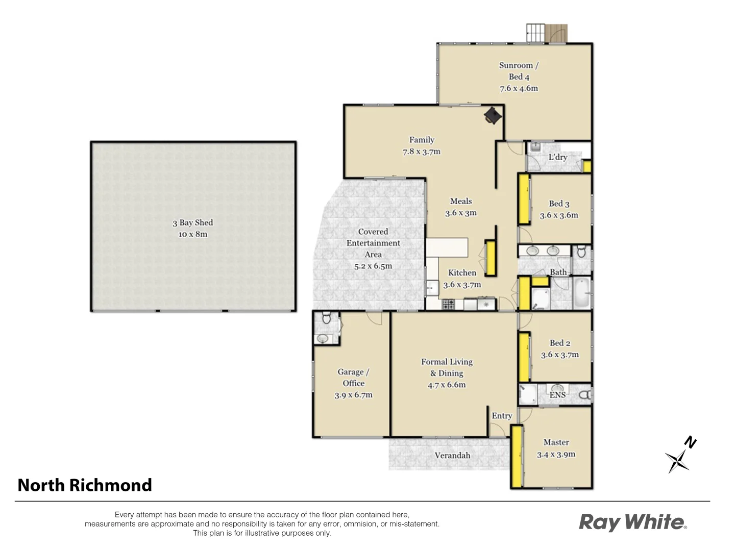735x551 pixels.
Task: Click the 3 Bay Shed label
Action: click(x=192, y=222)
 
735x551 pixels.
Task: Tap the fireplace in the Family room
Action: click(x=493, y=115)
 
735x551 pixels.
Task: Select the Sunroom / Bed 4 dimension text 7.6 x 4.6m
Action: click(x=519, y=88)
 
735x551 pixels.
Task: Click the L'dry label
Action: click(x=557, y=157)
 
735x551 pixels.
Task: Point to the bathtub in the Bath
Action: click(x=581, y=294)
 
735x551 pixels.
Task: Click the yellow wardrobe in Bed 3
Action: click(x=524, y=199)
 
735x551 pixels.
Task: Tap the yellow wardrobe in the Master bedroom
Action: click(x=517, y=456)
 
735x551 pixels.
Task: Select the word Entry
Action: click(x=502, y=416)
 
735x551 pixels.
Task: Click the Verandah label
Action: click(x=452, y=455)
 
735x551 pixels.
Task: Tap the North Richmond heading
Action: click(x=85, y=485)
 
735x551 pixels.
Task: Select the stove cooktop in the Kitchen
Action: click(x=448, y=305)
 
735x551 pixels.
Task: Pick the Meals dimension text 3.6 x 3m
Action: click(x=461, y=213)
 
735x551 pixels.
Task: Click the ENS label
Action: click(x=557, y=395)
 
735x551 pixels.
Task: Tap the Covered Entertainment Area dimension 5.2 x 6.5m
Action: click(x=373, y=266)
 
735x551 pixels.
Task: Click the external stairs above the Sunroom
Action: click(x=535, y=33)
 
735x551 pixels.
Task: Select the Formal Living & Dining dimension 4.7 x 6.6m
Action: click(x=447, y=385)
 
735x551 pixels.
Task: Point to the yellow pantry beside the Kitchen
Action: click(x=491, y=258)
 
